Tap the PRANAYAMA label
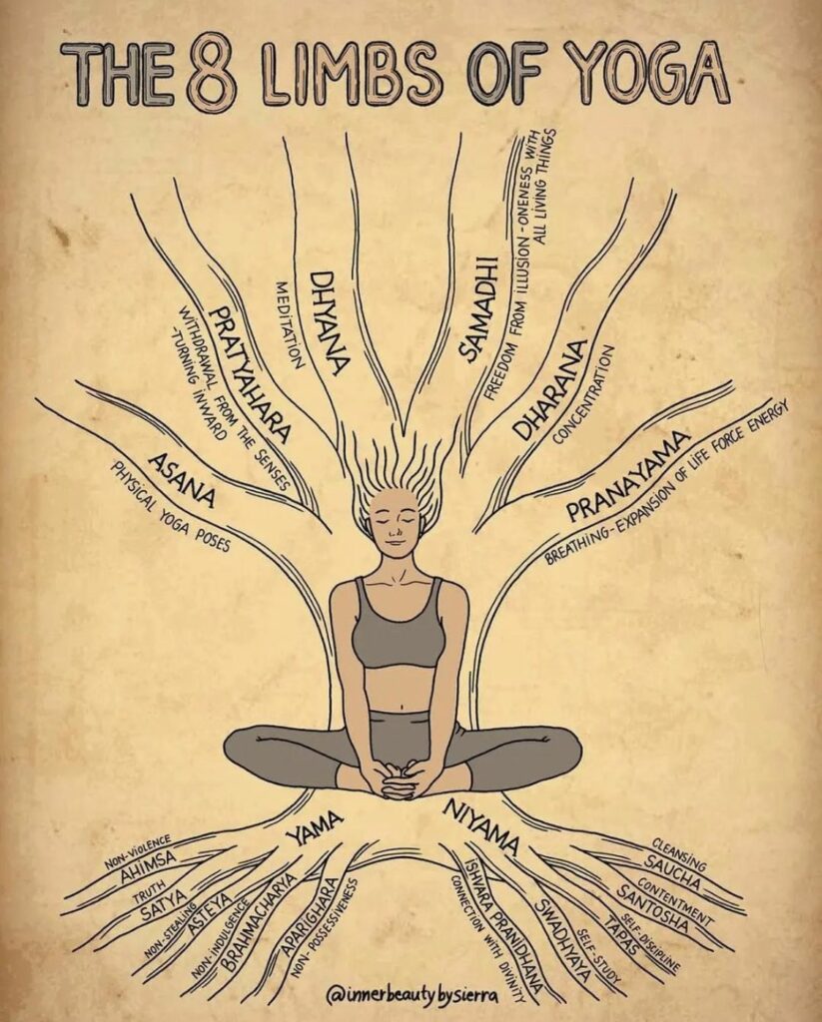[x=628, y=476]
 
